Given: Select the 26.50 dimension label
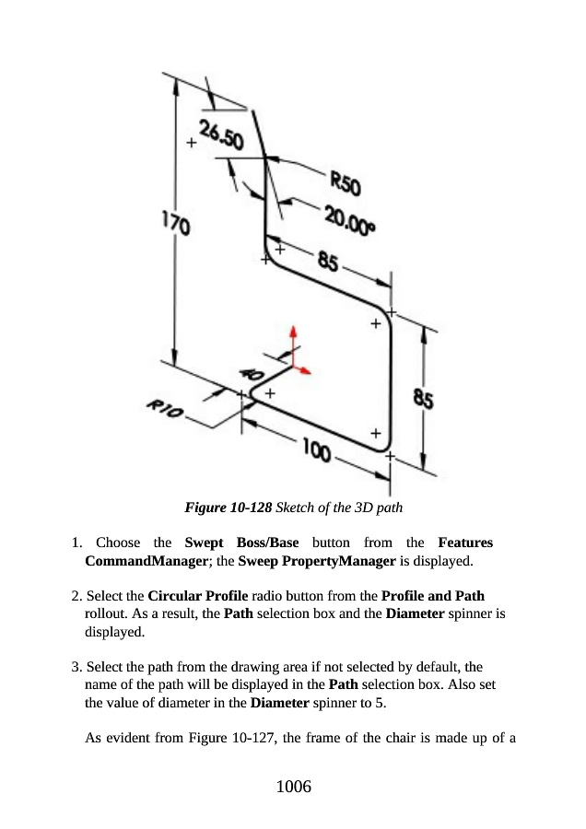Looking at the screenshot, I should (220, 137).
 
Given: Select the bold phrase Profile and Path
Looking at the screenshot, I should (432, 596).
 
